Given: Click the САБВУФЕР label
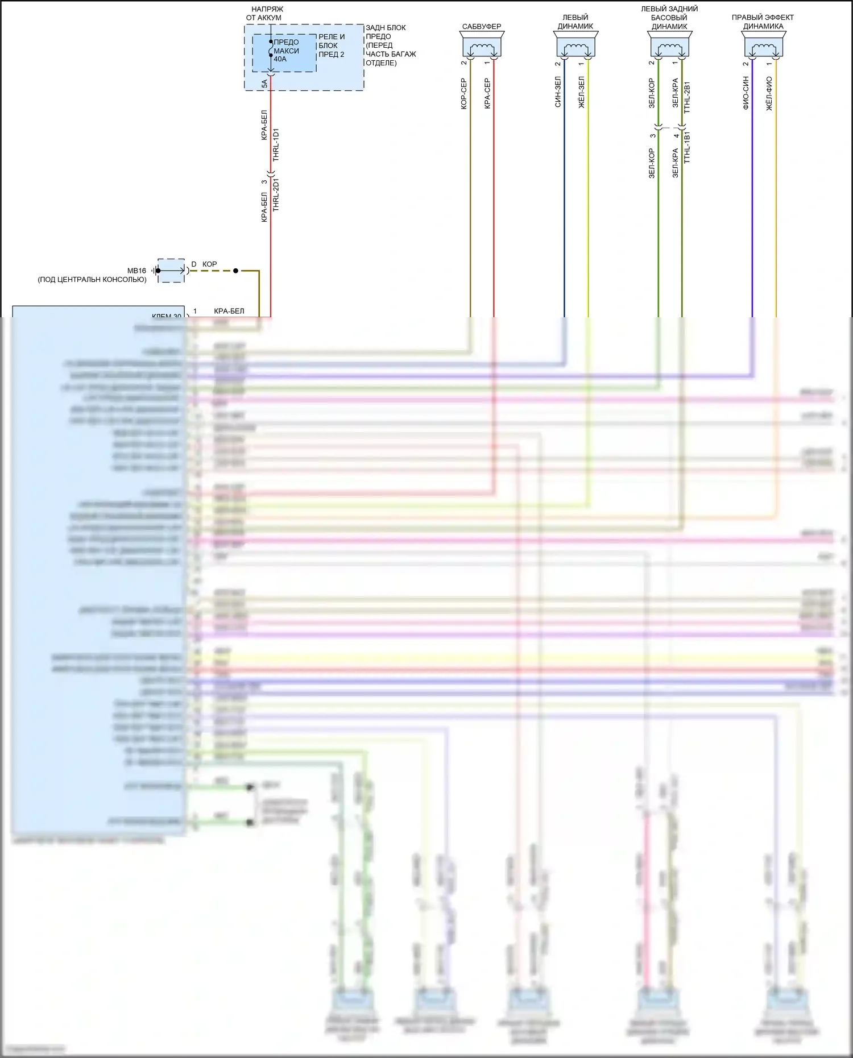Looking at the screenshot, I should pyautogui.click(x=481, y=27).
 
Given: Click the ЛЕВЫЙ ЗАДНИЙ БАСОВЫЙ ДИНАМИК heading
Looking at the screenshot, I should pyautogui.click(x=669, y=18).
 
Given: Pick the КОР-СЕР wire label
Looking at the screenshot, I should pyautogui.click(x=463, y=94).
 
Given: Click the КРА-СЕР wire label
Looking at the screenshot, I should pyautogui.click(x=487, y=94).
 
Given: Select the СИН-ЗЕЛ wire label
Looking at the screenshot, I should pyautogui.click(x=558, y=92).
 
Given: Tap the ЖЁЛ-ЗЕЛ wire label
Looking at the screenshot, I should pyautogui.click(x=581, y=92).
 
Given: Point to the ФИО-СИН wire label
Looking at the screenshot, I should pyautogui.click(x=746, y=93).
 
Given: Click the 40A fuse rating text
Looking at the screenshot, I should pyautogui.click(x=280, y=59).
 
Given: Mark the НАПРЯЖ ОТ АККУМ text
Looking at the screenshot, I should pyautogui.click(x=265, y=14).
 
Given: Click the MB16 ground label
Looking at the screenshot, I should pyautogui.click(x=136, y=271).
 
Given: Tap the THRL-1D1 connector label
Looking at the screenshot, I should pyautogui.click(x=276, y=144).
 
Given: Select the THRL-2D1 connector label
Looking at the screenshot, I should pyautogui.click(x=276, y=195).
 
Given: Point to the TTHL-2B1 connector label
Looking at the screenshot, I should pyautogui.click(x=687, y=97).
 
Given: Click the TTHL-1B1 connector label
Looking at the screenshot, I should pyautogui.click(x=687, y=147).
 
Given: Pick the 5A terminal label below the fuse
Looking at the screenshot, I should pyautogui.click(x=264, y=84).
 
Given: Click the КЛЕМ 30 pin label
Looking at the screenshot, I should pyautogui.click(x=167, y=316).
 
